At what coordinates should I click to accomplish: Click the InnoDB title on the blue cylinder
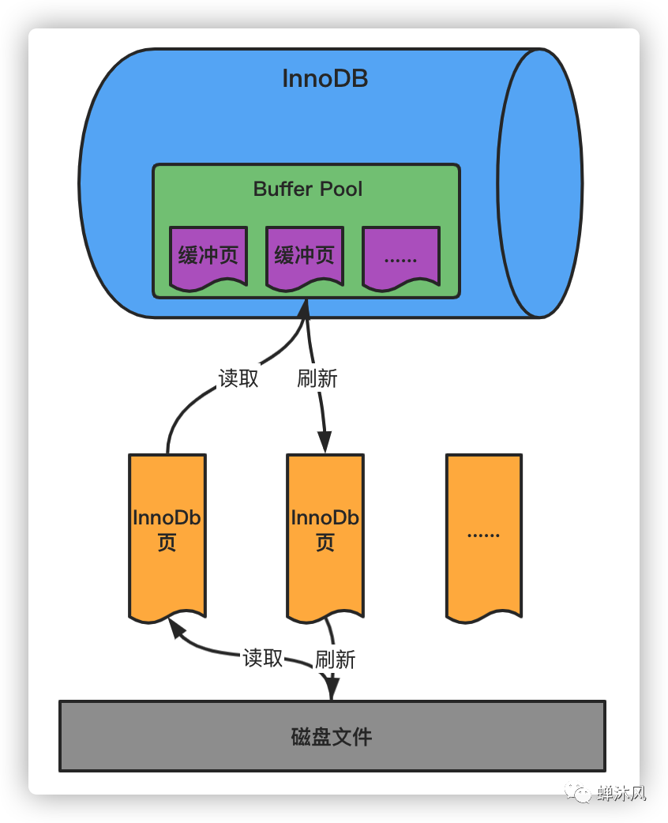pyautogui.click(x=325, y=79)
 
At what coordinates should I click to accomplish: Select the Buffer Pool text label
pyautogui.click(x=308, y=189)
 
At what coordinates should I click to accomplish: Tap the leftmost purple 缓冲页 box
pyautogui.click(x=208, y=256)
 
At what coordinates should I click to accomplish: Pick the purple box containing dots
pyautogui.click(x=400, y=256)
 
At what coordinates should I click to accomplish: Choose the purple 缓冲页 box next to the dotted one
pyautogui.click(x=305, y=256)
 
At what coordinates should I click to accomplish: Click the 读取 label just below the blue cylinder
pyautogui.click(x=238, y=378)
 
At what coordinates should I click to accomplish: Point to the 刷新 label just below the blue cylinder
pyautogui.click(x=317, y=378)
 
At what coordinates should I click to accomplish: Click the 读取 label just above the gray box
pyautogui.click(x=263, y=658)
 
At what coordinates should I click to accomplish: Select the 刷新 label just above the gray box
pyautogui.click(x=336, y=660)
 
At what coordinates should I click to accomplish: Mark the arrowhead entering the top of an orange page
pyautogui.click(x=325, y=442)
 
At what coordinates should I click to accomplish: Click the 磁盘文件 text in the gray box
pyautogui.click(x=332, y=737)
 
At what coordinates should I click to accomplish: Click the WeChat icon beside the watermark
pyautogui.click(x=584, y=793)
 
